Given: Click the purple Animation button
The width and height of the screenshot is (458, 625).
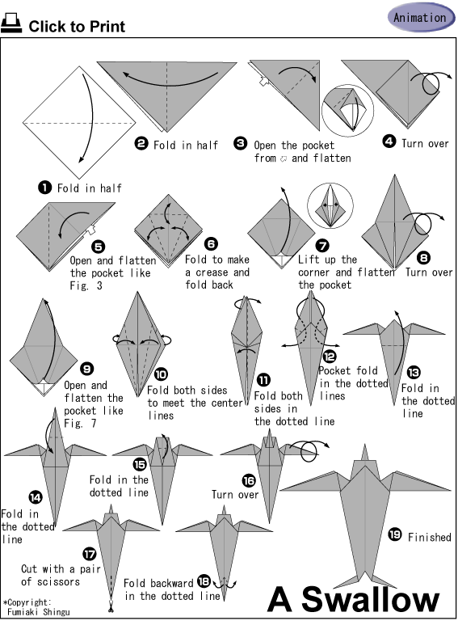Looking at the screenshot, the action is [422, 18].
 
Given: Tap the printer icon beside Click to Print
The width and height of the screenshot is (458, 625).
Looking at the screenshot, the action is [11, 23].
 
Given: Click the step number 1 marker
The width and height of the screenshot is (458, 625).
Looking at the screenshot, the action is [45, 188].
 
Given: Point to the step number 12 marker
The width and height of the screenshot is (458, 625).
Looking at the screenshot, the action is [330, 357].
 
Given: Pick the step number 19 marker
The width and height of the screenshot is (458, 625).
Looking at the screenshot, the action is [395, 534].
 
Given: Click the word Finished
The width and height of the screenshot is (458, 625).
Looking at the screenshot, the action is [430, 538].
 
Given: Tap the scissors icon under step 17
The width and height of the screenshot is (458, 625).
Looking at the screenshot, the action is [111, 608].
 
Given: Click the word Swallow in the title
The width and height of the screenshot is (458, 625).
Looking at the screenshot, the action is [371, 600].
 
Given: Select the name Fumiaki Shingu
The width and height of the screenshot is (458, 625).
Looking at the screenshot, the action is [39, 612].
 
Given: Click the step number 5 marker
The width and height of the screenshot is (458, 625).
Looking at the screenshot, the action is [98, 247].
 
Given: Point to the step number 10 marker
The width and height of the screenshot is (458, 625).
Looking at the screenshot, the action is [161, 374].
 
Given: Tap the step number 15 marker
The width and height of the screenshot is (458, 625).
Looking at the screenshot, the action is [140, 464].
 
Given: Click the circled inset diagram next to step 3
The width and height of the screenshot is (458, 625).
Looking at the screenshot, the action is [347, 111].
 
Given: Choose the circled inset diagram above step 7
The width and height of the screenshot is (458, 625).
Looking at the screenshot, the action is [330, 205].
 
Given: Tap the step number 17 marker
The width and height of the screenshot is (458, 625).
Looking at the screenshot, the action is [90, 554].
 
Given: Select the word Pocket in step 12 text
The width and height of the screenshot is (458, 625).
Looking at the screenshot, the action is [335, 370].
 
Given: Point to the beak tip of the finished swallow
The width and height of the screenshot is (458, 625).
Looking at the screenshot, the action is [364, 444].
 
